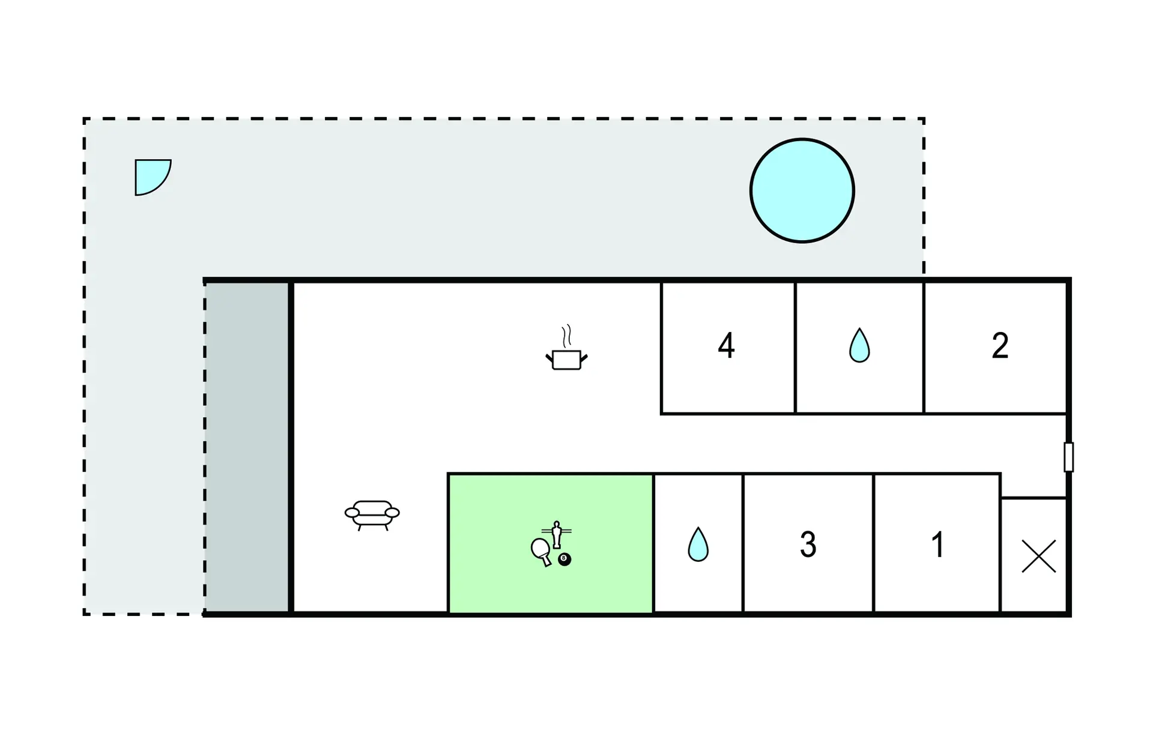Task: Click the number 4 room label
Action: tap(727, 346)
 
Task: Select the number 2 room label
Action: tap(1000, 346)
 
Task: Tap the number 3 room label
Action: tap(808, 544)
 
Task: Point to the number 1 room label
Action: tap(937, 544)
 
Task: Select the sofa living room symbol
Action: tap(372, 515)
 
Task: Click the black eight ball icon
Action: tap(564, 560)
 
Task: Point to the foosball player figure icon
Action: tap(557, 534)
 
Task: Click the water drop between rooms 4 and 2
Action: tap(859, 346)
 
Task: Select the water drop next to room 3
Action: tap(698, 544)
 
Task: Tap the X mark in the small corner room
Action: tap(1038, 556)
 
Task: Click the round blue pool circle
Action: tap(802, 191)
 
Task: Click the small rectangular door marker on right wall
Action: tap(1068, 457)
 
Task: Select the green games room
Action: tap(551, 543)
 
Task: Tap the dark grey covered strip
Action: tap(247, 447)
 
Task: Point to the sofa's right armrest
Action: tap(392, 513)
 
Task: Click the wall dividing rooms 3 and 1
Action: tap(874, 543)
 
